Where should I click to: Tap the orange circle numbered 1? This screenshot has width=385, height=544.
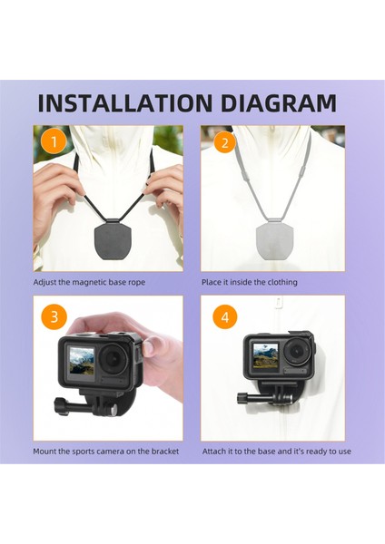pos(53,141)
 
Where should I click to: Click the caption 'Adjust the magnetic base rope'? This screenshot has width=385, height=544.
pos(89,283)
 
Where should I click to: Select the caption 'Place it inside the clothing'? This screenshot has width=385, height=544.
pos(250,283)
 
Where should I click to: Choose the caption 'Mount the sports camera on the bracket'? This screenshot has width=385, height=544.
pos(106,452)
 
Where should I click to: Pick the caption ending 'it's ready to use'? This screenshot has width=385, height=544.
pos(276,452)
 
